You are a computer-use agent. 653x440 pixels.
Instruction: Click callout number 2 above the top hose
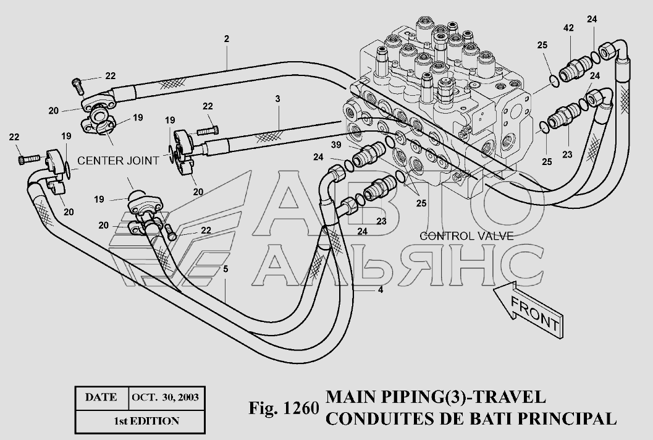coord(227,39)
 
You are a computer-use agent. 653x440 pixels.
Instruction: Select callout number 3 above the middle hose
coord(278,98)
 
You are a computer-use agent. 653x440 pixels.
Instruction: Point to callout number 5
coord(225,269)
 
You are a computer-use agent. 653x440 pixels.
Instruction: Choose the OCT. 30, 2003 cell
coord(164,397)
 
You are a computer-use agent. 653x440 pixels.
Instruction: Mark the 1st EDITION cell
coord(146,421)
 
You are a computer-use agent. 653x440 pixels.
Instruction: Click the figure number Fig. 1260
coord(284,408)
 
